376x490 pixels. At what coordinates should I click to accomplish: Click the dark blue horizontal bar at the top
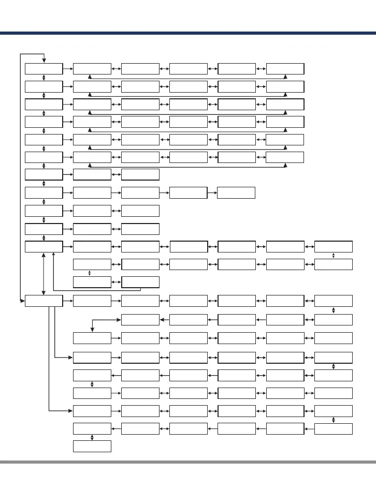pos(188,33)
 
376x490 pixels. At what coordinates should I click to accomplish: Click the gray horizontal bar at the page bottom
pos(188,462)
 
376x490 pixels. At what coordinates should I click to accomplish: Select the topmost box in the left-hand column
pos(44,68)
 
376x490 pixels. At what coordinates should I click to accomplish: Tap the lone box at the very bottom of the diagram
pos(92,446)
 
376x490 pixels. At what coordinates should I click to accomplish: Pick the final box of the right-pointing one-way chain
pos(236,192)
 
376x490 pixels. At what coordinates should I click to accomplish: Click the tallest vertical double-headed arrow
pos(44,273)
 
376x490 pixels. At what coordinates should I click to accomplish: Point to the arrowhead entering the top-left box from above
pos(44,61)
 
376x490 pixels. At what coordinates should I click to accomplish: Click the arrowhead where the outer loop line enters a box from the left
pos(23,300)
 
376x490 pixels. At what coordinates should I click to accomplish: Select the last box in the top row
pos(285,68)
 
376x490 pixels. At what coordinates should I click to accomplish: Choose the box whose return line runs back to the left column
pos(140,282)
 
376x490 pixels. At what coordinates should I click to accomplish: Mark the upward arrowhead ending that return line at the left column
pos(54,254)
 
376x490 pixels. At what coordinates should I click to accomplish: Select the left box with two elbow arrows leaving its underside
pos(44,300)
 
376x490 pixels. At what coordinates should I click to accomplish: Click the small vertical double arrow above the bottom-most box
pos(92,437)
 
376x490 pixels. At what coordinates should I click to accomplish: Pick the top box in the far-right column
pos(334,246)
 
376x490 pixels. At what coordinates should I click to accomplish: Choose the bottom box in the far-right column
pos(334,428)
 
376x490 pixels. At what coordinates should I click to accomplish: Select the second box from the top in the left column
pos(44,86)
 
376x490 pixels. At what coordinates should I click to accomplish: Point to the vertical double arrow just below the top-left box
pos(44,77)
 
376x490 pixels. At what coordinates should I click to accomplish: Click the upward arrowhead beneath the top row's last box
pos(285,76)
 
